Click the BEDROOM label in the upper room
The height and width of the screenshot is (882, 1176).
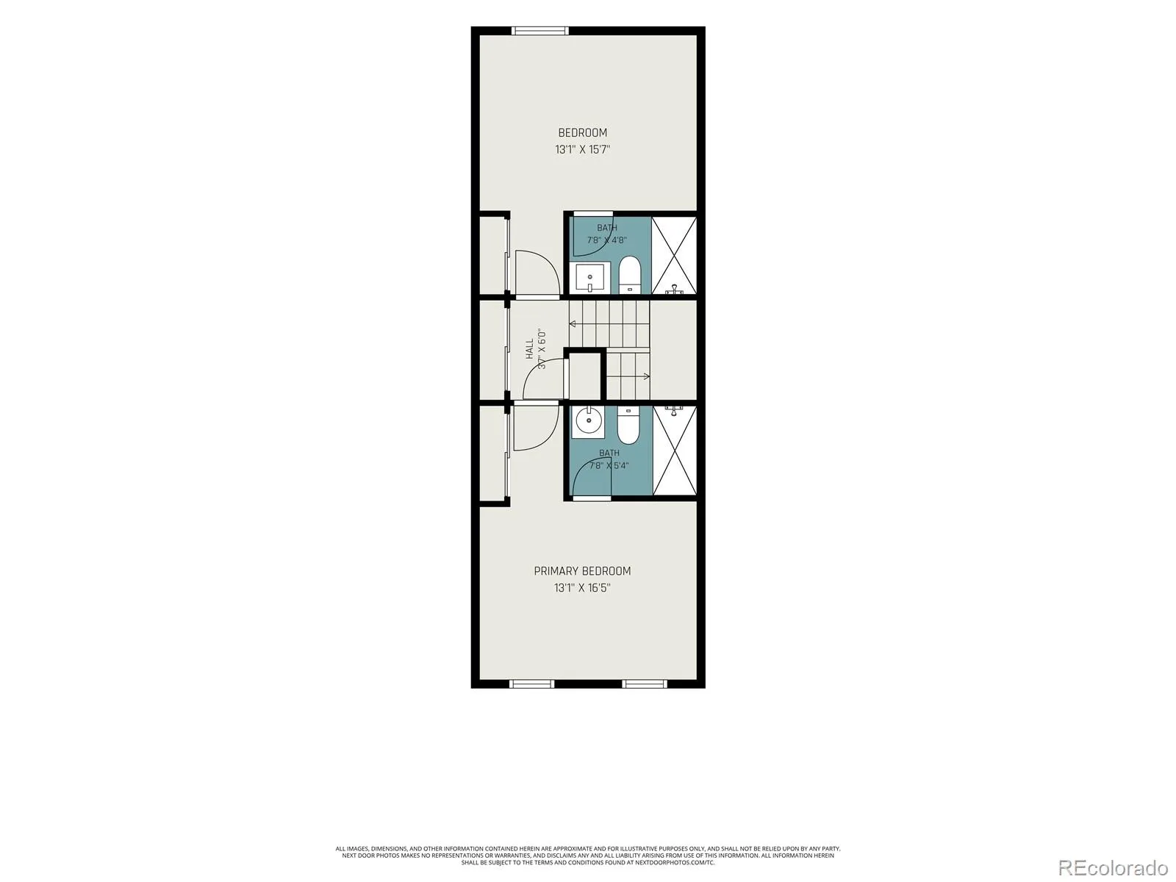582,133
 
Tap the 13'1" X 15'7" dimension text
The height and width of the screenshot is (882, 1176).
582,149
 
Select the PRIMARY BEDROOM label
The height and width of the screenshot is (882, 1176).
582,571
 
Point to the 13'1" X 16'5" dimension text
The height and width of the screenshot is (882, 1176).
582,588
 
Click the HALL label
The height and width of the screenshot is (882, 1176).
529,348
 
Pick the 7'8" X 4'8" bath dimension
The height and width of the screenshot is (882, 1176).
607,240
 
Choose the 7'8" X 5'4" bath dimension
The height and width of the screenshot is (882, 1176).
609,466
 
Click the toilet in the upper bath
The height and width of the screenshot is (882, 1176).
629,275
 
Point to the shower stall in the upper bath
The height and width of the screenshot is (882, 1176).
674,256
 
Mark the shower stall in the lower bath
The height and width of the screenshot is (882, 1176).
675,451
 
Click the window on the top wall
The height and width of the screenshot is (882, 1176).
540,31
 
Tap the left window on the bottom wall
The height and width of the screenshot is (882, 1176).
531,684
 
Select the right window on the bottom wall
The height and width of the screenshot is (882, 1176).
645,684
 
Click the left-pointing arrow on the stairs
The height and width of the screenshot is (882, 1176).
609,324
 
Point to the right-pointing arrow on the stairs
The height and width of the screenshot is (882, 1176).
628,376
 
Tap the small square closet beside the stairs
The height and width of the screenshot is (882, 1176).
584,376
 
